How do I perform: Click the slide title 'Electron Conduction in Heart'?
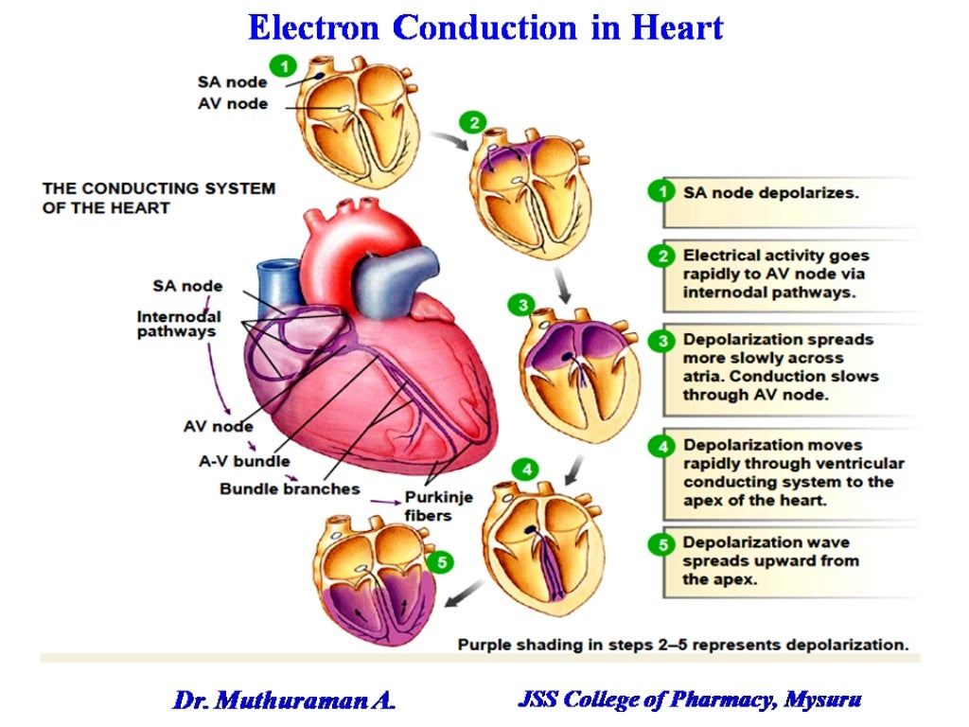pos(484,27)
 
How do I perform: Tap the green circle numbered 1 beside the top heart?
pos(282,64)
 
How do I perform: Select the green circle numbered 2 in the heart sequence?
pos(472,121)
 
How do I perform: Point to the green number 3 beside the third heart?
pos(520,305)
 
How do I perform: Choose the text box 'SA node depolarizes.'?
pos(770,192)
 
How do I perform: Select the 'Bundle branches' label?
pos(290,488)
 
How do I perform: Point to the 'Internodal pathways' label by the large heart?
pos(179,324)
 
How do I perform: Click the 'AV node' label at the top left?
pos(232,103)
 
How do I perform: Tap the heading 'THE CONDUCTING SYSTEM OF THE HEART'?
pos(158,197)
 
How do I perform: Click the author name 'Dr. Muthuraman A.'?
pos(284,700)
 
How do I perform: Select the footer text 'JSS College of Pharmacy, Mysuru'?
pos(690,700)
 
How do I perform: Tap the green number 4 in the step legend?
pos(665,446)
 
